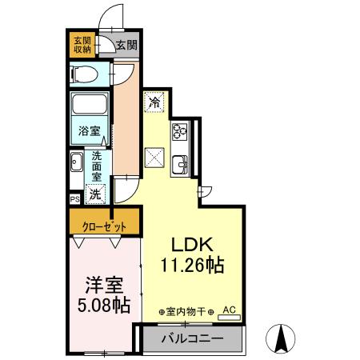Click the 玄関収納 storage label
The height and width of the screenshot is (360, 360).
tap(82, 44)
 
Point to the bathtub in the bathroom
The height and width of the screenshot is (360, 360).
tap(90, 105)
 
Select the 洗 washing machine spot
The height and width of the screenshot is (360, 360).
tap(95, 194)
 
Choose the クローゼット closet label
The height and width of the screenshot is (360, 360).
tap(103, 226)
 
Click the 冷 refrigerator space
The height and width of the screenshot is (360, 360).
tap(154, 102)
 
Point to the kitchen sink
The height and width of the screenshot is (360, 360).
tap(180, 165)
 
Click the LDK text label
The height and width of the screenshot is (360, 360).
tap(192, 244)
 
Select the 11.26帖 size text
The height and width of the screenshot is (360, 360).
tap(192, 264)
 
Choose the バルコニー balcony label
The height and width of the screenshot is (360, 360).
tap(192, 338)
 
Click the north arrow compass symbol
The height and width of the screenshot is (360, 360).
tap(282, 338)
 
